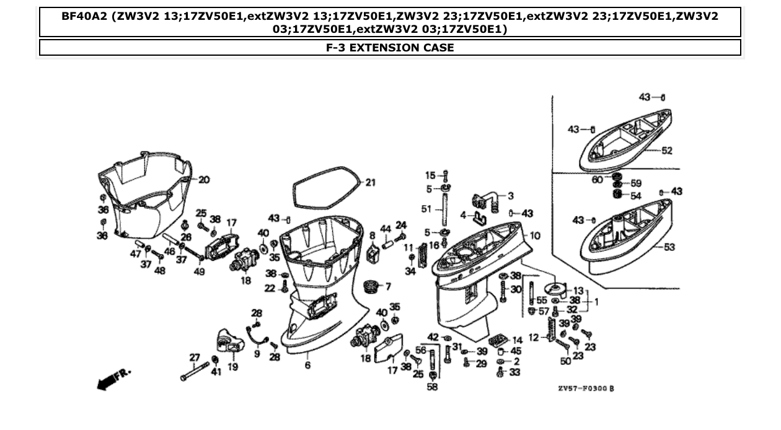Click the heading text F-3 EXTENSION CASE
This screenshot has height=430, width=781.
click(390, 48)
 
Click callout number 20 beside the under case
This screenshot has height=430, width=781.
click(203, 180)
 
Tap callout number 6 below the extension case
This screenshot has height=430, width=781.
click(307, 365)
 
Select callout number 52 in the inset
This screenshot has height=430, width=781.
click(666, 151)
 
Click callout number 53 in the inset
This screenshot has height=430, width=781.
click(668, 248)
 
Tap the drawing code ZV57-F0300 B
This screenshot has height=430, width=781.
click(585, 388)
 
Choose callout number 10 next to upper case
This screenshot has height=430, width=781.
click(535, 235)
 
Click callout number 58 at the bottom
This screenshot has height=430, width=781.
click(432, 387)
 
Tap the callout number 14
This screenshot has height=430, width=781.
click(517, 340)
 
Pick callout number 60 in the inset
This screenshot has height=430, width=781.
click(596, 180)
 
